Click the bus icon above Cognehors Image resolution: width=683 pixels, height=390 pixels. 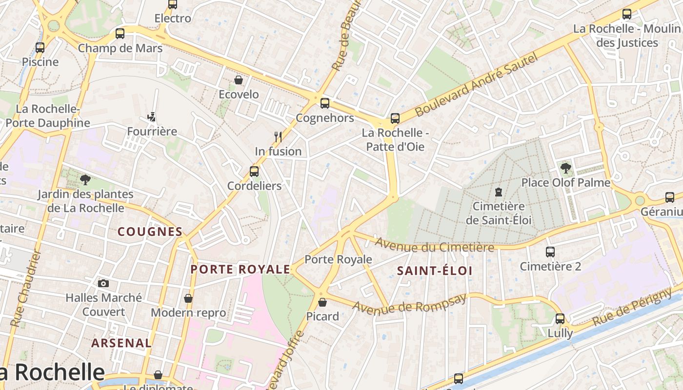325,103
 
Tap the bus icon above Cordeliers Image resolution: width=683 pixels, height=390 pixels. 254,172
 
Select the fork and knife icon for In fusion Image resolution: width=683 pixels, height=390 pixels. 278,137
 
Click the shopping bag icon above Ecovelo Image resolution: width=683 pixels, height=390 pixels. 239,80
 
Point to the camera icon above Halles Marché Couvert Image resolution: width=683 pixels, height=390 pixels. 103,283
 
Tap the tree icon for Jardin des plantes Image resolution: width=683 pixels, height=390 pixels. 85,180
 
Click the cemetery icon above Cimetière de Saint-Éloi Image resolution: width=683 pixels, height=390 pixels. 498,192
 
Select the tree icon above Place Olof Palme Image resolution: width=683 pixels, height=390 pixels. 566,169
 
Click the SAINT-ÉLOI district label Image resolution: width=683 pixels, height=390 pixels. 435,271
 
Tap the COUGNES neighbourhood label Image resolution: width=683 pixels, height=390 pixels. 150,232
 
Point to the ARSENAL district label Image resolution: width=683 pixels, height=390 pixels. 121,343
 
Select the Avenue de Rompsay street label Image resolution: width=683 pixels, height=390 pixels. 409,304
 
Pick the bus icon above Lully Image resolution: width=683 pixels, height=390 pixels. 560,319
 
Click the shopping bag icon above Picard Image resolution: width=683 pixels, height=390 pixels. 322,302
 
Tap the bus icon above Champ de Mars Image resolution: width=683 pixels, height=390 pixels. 120,34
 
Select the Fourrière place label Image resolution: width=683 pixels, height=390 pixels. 152,132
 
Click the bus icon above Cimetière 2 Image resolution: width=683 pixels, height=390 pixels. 550,252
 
